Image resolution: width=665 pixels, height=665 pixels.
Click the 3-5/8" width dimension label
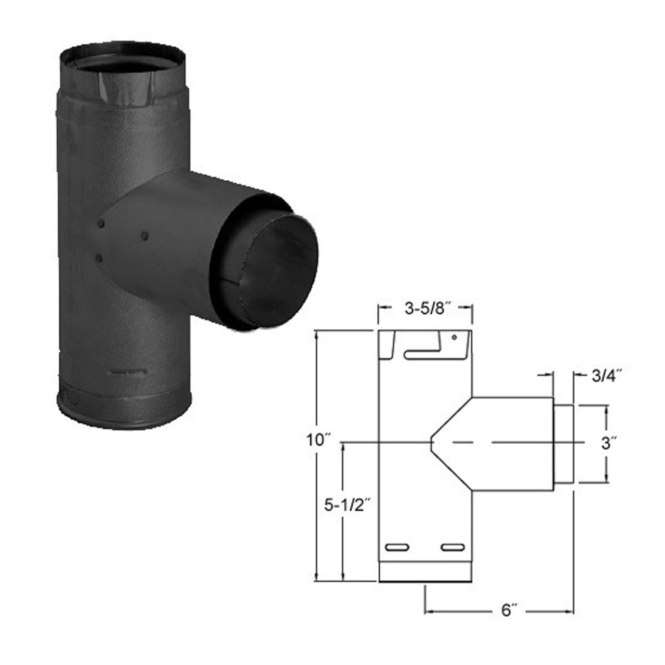(425, 311)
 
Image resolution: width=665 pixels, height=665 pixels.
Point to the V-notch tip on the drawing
(431, 442)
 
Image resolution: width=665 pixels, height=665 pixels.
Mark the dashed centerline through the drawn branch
(499, 443)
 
